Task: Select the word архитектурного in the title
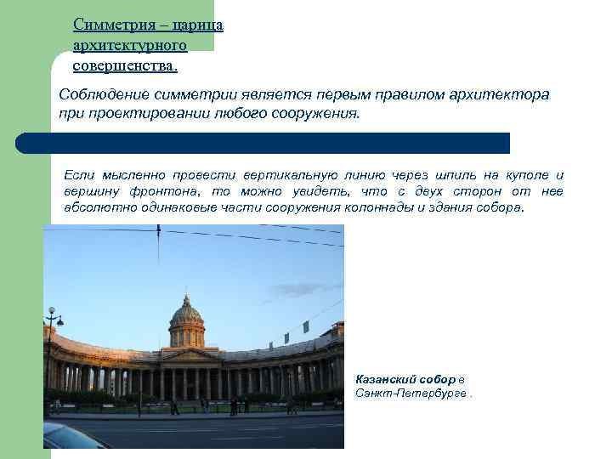tap(130, 44)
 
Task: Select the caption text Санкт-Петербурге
tap(411, 394)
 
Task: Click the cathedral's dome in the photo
tap(187, 317)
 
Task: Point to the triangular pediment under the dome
tap(190, 354)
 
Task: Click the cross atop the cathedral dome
tap(187, 297)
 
